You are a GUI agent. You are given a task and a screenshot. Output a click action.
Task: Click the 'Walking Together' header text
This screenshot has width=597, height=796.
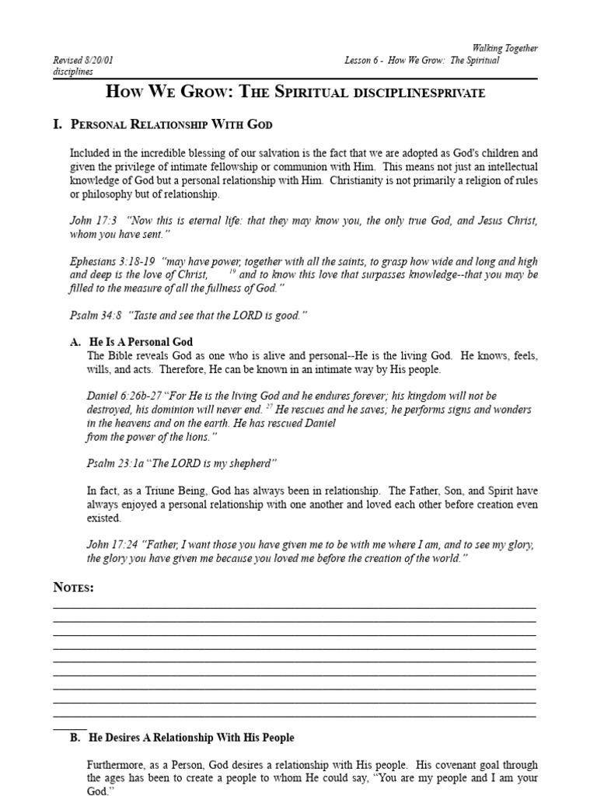pos(505,48)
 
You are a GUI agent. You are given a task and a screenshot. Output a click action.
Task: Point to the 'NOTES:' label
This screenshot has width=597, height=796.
pos(74,588)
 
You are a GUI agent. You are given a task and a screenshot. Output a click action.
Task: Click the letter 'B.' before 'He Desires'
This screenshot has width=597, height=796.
pos(75,737)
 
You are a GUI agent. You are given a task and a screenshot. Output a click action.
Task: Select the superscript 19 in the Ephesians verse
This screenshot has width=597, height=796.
pos(232,272)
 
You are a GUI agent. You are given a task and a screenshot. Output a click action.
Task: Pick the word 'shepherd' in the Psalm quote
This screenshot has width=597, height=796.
pos(249,463)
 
